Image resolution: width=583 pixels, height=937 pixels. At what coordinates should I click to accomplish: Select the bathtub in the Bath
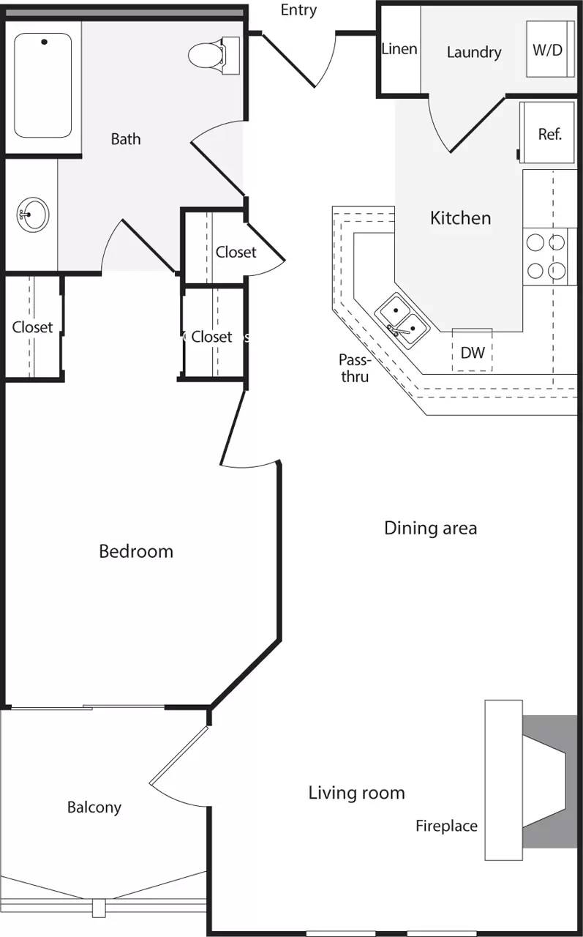pos(42,85)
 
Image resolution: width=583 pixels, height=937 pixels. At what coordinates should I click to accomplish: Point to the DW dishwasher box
pos(472,352)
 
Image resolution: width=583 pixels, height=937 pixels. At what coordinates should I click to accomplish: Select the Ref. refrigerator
pos(549,133)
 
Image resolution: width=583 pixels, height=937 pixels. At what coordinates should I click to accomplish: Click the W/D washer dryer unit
pos(548,50)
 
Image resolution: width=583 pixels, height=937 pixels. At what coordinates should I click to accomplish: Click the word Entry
pos(298,10)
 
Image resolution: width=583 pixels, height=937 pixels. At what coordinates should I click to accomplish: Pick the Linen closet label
pos(399,49)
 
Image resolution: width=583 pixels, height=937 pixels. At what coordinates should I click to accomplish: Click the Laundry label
pos(474,52)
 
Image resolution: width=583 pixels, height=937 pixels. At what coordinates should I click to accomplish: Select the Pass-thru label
pos(354,368)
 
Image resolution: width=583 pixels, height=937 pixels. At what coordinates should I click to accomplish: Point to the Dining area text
pos(430,528)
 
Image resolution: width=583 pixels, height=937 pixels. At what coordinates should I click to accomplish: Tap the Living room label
pos(356,792)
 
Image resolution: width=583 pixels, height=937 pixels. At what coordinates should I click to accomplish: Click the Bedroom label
pos(136,551)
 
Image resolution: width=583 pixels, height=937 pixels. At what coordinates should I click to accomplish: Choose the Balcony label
pos(94,807)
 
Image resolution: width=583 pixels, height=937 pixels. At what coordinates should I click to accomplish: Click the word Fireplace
pos(446,826)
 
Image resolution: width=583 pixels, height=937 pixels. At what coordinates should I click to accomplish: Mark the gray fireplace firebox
pos(549,781)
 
